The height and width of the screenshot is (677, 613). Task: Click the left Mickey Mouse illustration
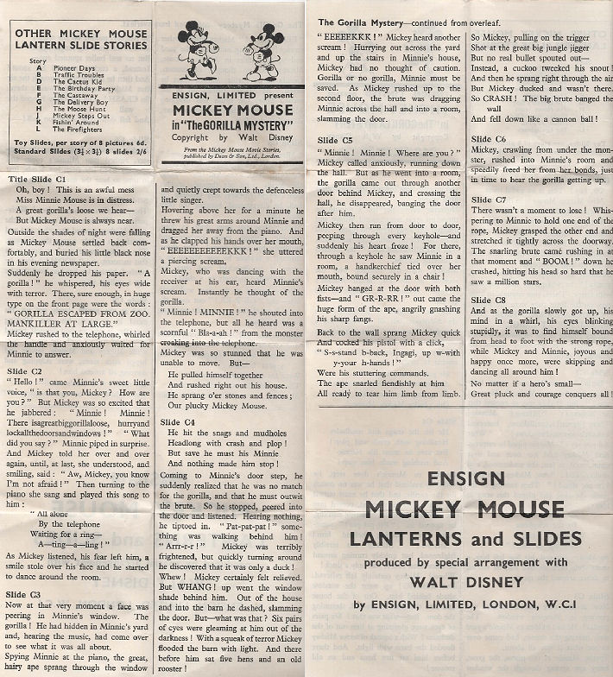click(197, 49)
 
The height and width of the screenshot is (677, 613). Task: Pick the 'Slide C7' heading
click(489, 199)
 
